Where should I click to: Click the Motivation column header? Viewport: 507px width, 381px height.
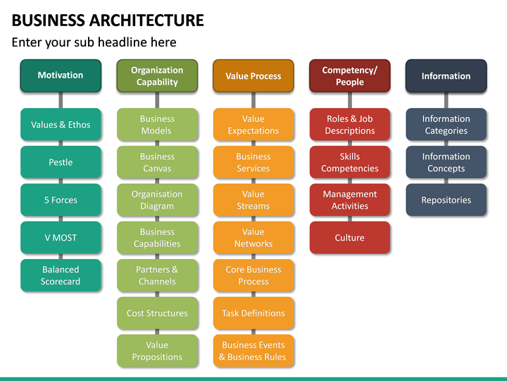click(x=61, y=75)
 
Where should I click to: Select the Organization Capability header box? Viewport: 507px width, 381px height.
click(x=157, y=75)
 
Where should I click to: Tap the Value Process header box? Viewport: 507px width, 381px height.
click(x=254, y=75)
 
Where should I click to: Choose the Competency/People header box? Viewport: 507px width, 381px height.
click(x=349, y=75)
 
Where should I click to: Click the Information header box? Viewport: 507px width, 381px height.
click(x=446, y=75)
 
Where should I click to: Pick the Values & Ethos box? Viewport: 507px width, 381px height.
click(x=61, y=125)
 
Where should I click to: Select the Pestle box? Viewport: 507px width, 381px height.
click(x=61, y=162)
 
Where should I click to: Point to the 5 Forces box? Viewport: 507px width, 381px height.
click(x=61, y=200)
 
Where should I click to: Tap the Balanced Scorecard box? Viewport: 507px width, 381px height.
click(x=61, y=275)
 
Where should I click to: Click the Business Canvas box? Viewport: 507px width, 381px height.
click(x=157, y=162)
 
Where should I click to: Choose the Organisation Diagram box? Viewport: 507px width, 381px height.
click(x=157, y=200)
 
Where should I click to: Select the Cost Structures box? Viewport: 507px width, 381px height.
click(x=157, y=313)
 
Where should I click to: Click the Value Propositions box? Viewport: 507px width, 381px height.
click(x=157, y=351)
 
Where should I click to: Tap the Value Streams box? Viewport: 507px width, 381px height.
click(x=254, y=200)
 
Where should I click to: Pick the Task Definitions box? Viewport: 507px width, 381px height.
click(x=254, y=313)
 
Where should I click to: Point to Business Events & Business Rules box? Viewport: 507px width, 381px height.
click(x=254, y=351)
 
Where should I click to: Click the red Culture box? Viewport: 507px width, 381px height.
click(x=349, y=238)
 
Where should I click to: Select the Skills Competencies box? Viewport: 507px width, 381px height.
click(x=349, y=162)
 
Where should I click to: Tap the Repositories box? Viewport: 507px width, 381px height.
click(x=446, y=200)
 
